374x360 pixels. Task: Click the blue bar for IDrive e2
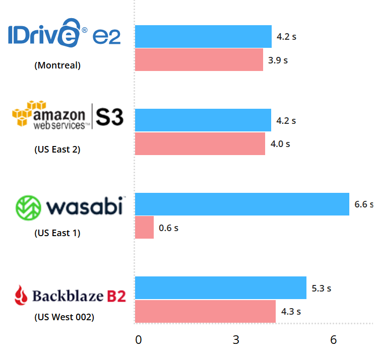[x=203, y=36]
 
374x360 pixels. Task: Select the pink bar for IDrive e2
[x=199, y=60]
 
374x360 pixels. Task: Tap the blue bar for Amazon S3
[x=203, y=120]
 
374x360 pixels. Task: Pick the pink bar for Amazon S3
[x=200, y=143]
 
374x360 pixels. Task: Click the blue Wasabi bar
[x=242, y=204]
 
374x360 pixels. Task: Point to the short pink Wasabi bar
[x=144, y=228]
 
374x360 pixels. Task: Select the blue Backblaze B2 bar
[x=221, y=287]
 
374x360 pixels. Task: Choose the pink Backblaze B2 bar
[x=205, y=311]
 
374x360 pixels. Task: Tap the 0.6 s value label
[x=168, y=228]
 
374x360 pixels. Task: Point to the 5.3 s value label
[x=321, y=289]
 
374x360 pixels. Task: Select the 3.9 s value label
[x=278, y=60]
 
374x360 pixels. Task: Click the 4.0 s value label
[x=280, y=144]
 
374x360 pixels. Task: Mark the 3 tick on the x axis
[x=236, y=340]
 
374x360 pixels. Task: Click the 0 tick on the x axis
[x=139, y=340]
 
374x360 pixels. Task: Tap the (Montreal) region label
[x=57, y=65]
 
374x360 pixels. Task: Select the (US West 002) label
[x=64, y=317]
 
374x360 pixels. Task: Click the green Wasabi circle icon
[x=28, y=207]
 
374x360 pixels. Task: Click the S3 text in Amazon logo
[x=109, y=116]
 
